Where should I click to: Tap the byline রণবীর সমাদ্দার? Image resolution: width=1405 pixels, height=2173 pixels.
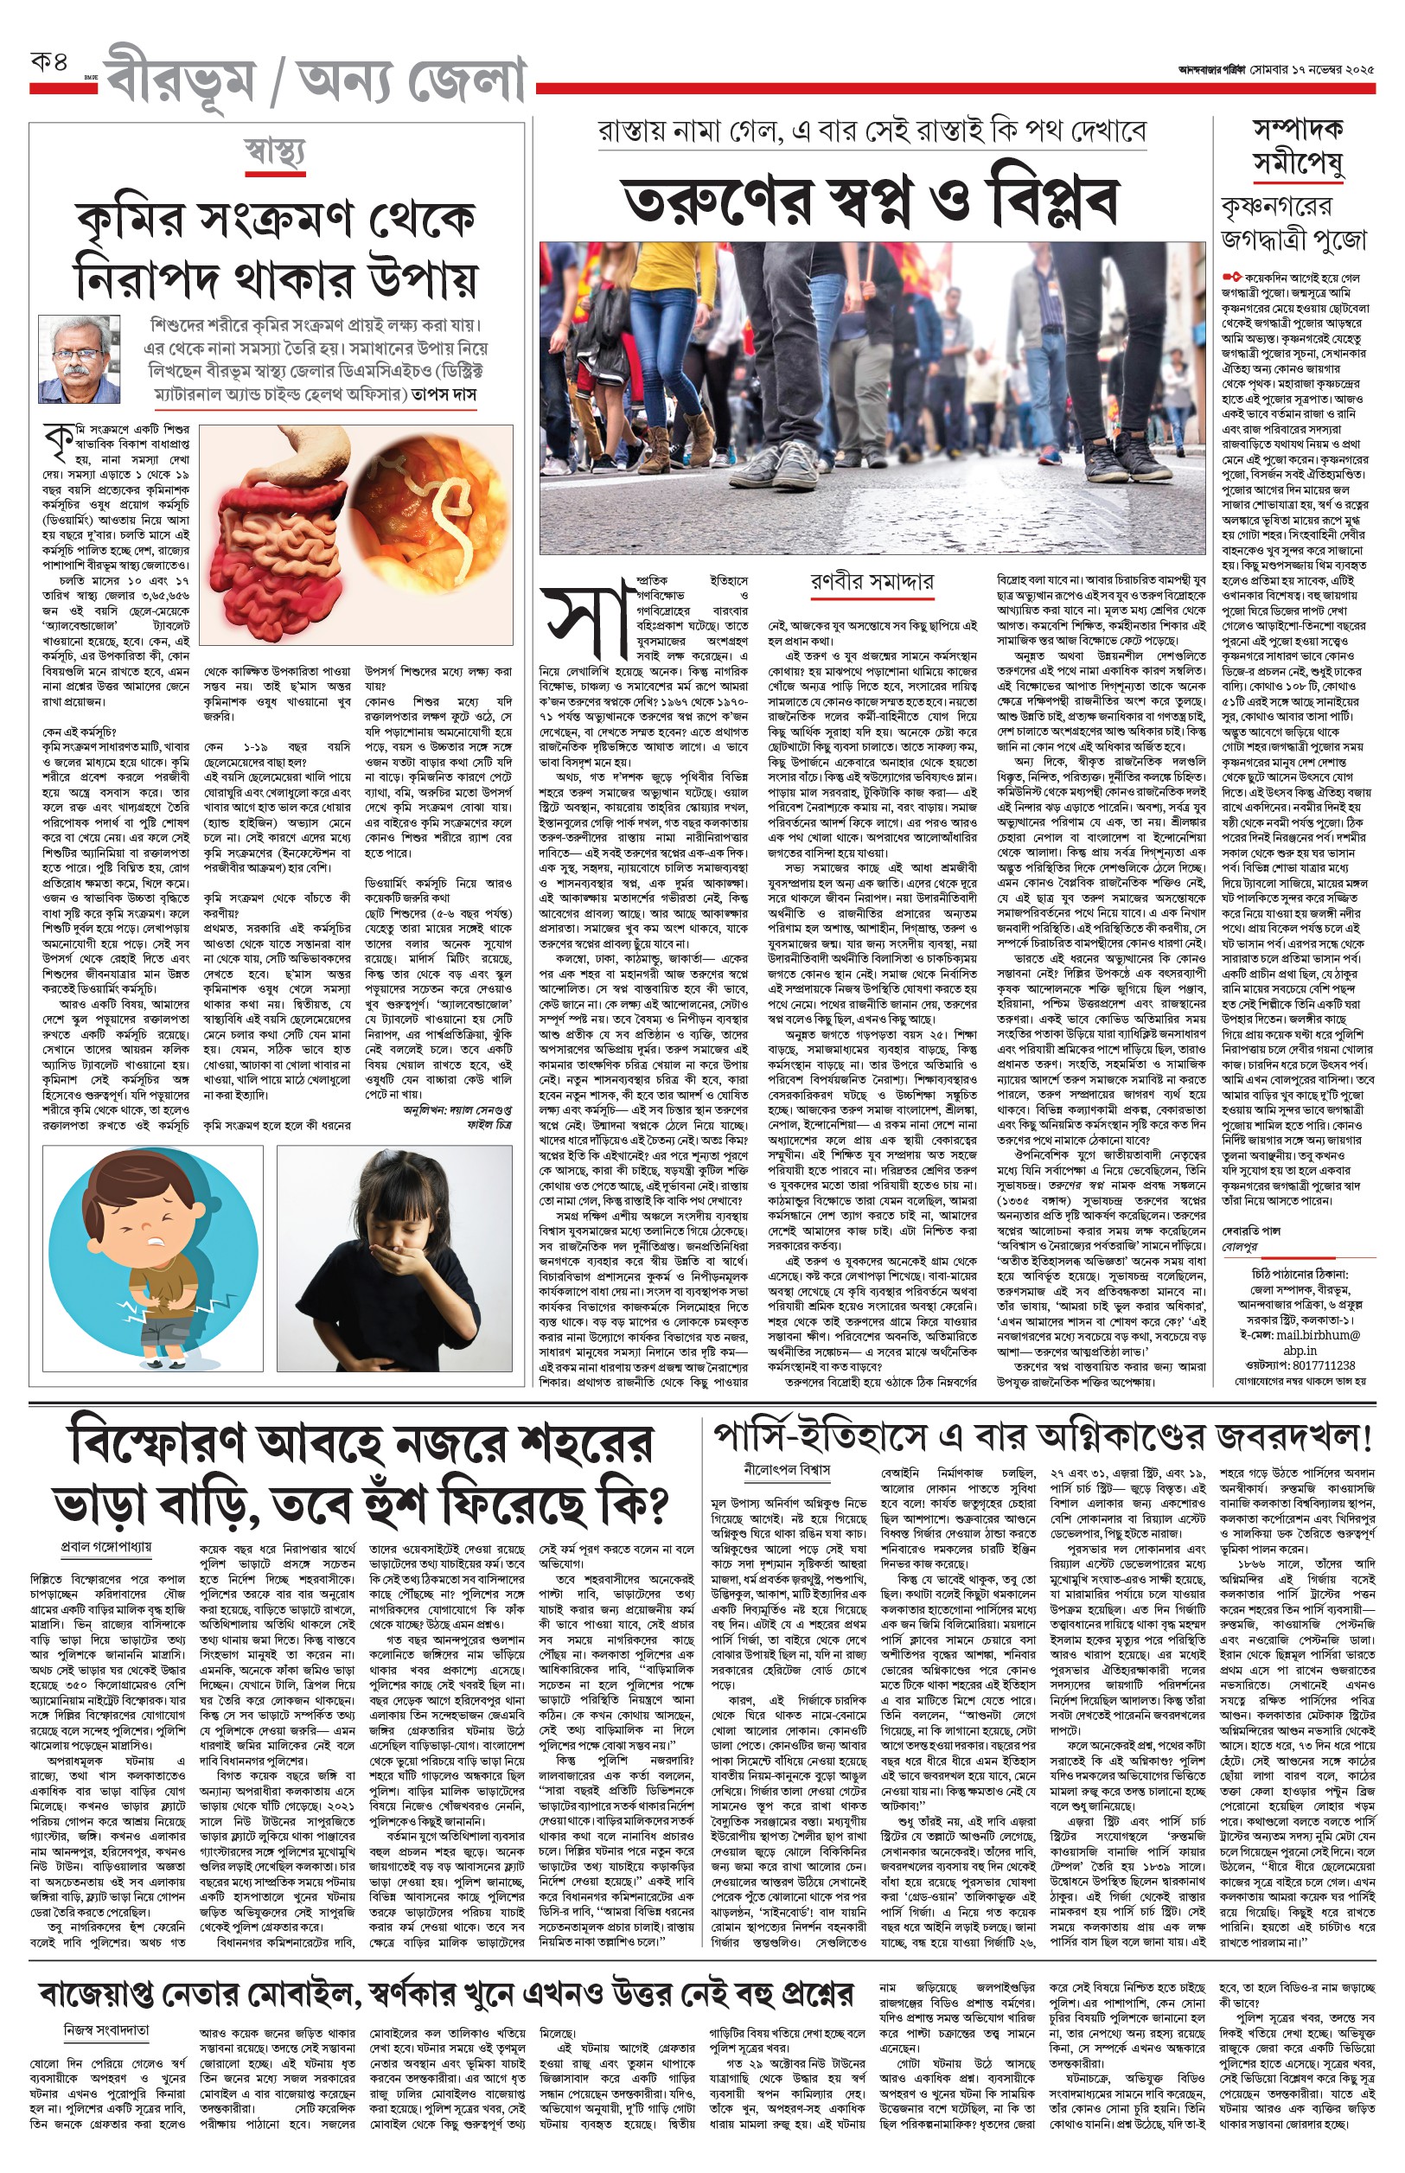click(x=872, y=581)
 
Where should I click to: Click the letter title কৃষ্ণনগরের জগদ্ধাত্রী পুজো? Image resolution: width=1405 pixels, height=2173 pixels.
click(x=1293, y=222)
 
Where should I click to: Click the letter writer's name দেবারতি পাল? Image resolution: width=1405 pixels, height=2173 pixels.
click(x=1251, y=1230)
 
